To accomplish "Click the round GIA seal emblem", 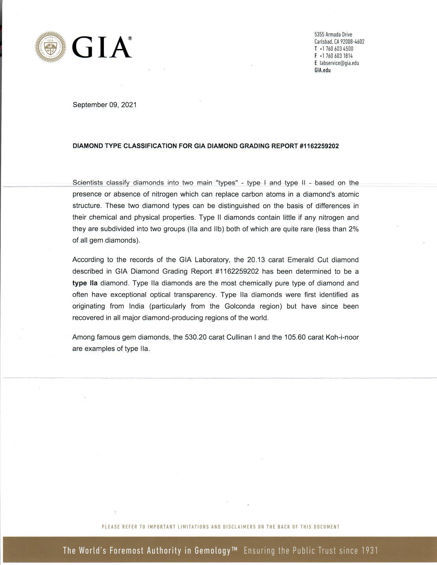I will click(51, 47).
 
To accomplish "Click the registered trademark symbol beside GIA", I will click(130, 39).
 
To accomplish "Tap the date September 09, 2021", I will click(105, 105).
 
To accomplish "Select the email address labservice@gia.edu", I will click(339, 63).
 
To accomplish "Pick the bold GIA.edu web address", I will click(323, 70).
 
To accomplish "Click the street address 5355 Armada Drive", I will click(333, 34).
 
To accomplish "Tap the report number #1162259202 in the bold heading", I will click(319, 146).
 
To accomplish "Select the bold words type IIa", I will click(85, 283).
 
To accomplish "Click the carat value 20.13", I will click(256, 260).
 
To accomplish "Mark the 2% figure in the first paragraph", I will click(353, 229).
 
